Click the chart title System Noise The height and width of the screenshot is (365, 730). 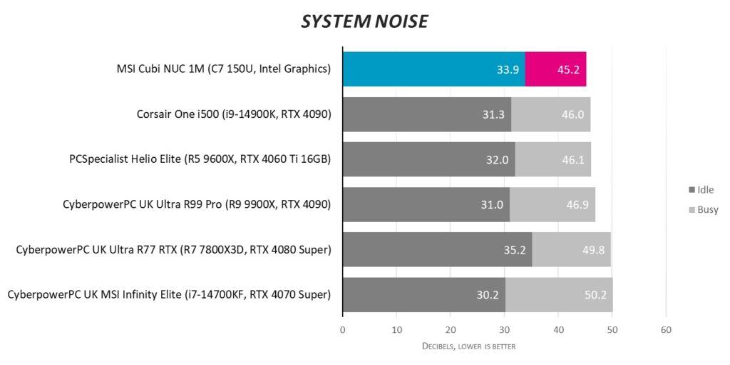tap(364, 22)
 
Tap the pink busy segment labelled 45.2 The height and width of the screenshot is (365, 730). tap(555, 69)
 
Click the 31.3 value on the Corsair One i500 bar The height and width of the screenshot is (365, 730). tap(493, 114)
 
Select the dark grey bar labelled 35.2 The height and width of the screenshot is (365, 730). tap(436, 249)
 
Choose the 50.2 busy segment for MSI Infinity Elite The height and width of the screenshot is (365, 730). tap(559, 294)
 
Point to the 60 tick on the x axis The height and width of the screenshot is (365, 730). tap(666, 330)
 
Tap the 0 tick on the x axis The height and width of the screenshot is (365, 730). tap(343, 330)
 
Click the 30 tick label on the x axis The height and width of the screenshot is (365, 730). tap(504, 330)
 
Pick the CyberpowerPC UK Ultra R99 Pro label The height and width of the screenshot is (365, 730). tap(197, 204)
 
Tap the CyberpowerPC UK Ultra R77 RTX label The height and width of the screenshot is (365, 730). tap(173, 249)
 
